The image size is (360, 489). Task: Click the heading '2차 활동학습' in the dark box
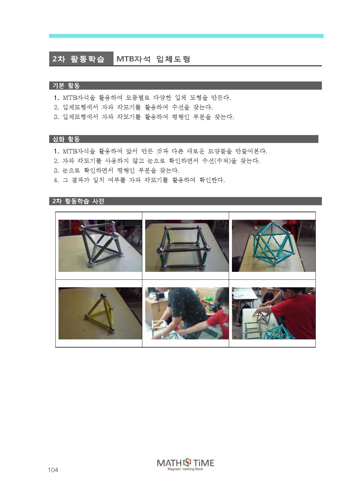coord(78,59)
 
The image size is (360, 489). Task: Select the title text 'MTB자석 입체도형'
coord(153,59)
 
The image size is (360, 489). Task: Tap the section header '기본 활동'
coord(66,86)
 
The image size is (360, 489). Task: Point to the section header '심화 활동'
coord(66,139)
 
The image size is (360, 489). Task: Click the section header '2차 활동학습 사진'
coord(78,201)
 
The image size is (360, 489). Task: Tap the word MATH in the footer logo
coord(169,463)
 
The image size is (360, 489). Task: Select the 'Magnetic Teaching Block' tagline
coord(185,469)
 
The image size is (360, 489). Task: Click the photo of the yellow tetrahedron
coord(100,313)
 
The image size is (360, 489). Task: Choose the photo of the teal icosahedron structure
coord(274,246)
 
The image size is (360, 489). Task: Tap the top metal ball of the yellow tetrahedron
coord(103,296)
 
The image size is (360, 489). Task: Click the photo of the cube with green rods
coord(187,246)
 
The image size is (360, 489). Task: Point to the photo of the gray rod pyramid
coord(100,246)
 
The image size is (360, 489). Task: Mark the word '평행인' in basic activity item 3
coord(180,117)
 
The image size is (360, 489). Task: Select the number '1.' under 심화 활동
coord(56,151)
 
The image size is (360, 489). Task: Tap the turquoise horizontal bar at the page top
coord(186,36)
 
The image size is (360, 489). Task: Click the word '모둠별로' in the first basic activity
coord(138,98)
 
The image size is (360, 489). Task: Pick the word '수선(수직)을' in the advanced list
coord(219,161)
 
